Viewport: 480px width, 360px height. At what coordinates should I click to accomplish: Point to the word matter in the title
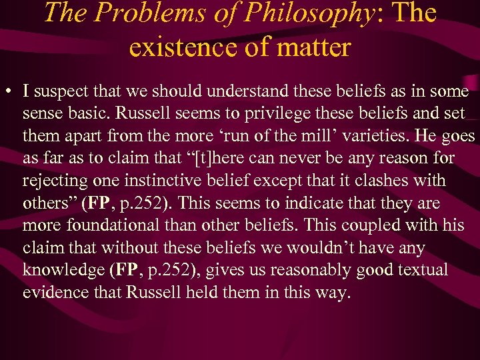pyautogui.click(x=313, y=48)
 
